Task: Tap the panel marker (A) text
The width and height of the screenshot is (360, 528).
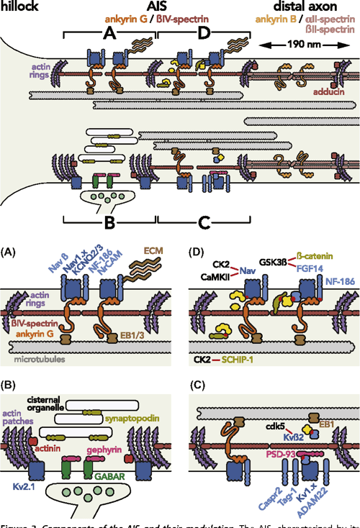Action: (10, 254)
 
